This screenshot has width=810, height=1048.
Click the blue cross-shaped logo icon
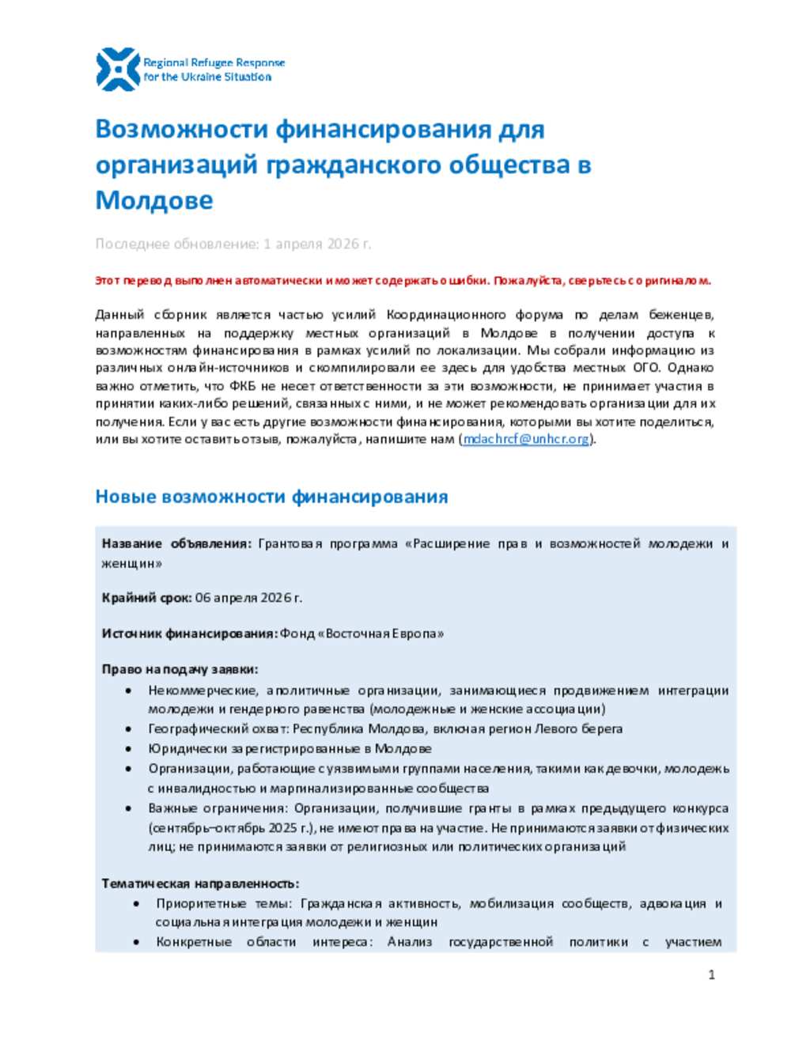(x=117, y=70)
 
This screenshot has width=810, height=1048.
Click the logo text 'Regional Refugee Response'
(x=214, y=62)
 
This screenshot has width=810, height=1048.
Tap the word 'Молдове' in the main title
(x=154, y=200)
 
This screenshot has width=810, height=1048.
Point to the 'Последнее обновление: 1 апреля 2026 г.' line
(x=233, y=244)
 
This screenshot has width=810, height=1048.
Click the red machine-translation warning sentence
(x=403, y=281)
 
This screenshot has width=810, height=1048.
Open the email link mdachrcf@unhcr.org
(x=526, y=439)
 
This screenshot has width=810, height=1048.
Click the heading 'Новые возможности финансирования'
(x=271, y=497)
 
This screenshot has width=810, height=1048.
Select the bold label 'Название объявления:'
(x=176, y=543)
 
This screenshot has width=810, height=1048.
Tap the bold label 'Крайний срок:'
(x=146, y=598)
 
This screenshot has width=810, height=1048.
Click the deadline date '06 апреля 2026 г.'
(x=248, y=598)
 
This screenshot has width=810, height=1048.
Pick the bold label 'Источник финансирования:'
(x=189, y=634)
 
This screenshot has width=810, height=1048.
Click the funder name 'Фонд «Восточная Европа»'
(x=361, y=634)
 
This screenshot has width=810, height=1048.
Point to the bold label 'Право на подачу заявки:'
(x=180, y=669)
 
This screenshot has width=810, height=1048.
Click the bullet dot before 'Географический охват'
(x=129, y=729)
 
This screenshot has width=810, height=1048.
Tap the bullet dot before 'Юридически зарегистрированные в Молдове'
(x=129, y=749)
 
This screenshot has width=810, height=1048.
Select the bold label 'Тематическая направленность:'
(x=200, y=883)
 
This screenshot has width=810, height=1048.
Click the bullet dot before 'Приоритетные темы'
(x=137, y=903)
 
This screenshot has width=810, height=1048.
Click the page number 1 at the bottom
(x=711, y=974)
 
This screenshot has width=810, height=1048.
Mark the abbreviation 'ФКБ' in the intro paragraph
(x=242, y=386)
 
